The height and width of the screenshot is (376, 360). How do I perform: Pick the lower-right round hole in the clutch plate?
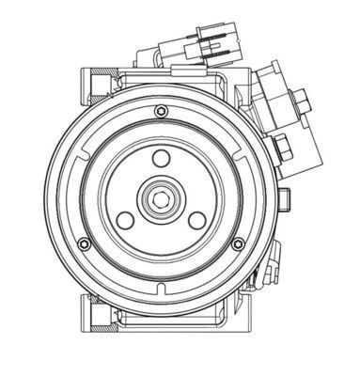(196, 220)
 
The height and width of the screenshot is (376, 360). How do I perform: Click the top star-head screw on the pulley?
(155, 111)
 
